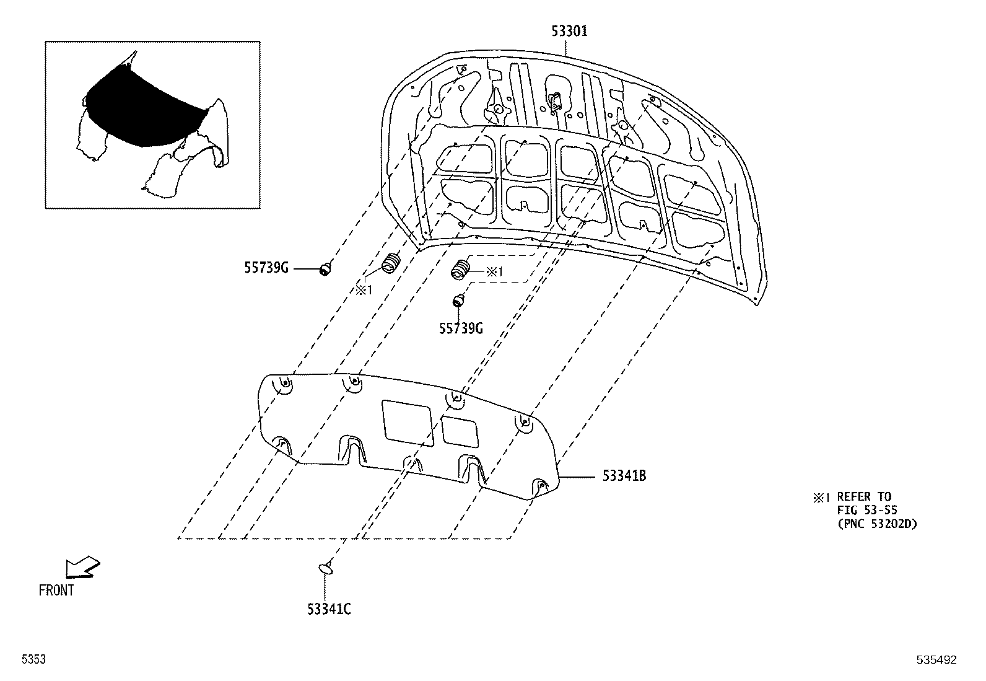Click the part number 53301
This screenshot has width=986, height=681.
coord(570,31)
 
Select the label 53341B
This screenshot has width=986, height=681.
coord(624,476)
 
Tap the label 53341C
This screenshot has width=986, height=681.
coord(329,609)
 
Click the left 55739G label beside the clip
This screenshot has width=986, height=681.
coord(266,268)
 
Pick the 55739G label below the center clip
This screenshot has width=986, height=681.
coord(460,328)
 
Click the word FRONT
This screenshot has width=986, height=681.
coord(56,591)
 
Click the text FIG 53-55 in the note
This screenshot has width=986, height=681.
coord(866,510)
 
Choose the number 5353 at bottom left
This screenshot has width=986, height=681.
coord(33,660)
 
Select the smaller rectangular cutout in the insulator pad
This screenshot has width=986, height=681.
coord(460,431)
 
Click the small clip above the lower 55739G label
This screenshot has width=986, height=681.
coord(458,301)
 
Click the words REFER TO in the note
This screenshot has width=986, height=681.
coord(864,496)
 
